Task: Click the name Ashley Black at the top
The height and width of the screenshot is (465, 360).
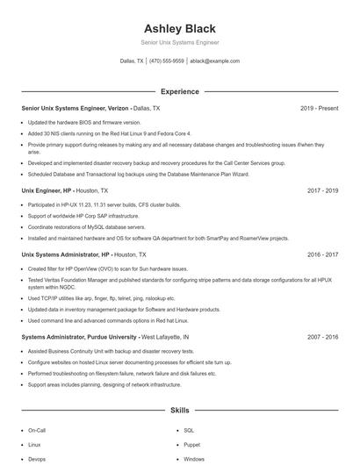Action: click(x=179, y=28)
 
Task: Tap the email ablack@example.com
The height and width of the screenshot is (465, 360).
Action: click(x=214, y=61)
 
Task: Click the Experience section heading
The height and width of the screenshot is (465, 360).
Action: click(x=179, y=91)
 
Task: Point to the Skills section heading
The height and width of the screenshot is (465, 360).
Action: click(x=179, y=410)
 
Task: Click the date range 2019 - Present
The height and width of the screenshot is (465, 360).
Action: click(x=319, y=108)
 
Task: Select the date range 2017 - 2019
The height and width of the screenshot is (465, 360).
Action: click(x=322, y=190)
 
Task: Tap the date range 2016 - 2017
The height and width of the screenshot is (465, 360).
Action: click(x=322, y=254)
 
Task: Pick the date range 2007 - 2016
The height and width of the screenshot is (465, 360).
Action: click(x=322, y=337)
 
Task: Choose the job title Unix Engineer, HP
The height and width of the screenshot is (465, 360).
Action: click(x=46, y=190)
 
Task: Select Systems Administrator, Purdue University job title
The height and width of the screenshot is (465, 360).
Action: click(x=79, y=337)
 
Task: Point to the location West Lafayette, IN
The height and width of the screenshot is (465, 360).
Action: click(x=165, y=337)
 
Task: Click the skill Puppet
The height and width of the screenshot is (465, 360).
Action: click(x=191, y=445)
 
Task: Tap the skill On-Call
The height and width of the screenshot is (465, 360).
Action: click(x=37, y=431)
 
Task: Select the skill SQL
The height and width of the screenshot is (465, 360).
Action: click(x=188, y=431)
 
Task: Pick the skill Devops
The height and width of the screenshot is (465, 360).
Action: click(x=37, y=459)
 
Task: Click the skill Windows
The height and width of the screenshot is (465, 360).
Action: click(x=194, y=459)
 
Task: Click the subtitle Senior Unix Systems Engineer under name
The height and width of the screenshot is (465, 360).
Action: click(x=179, y=42)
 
